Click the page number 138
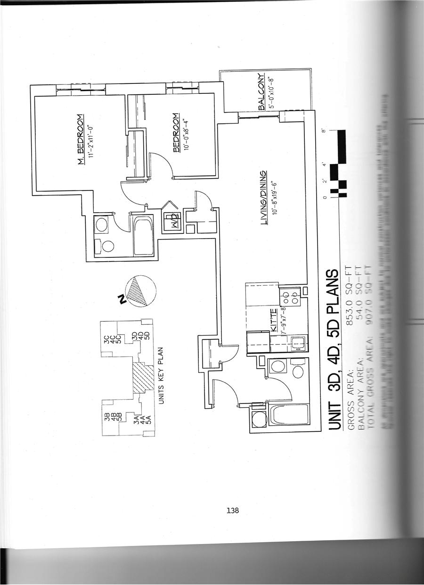click(233, 511)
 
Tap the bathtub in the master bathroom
click(142, 234)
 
